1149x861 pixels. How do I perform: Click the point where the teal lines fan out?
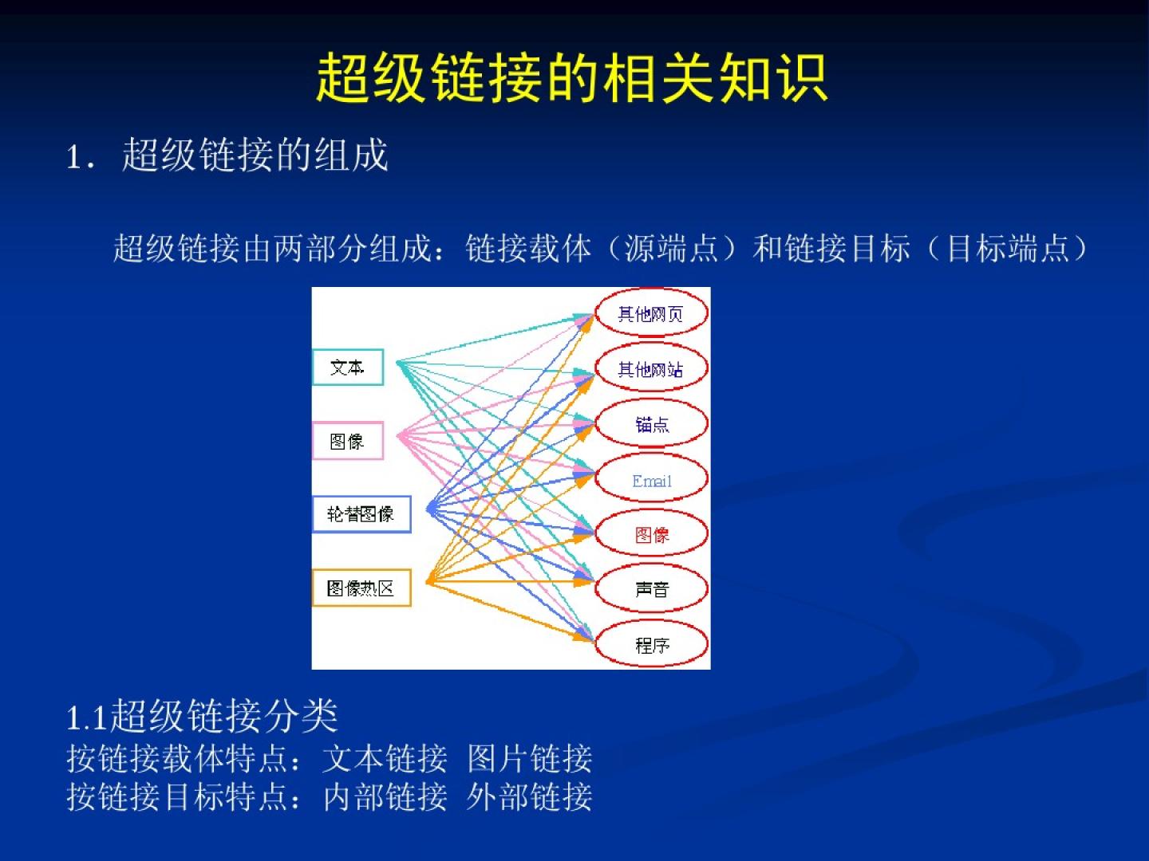397,361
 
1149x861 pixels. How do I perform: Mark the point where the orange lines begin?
428,581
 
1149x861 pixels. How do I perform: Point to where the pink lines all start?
398,435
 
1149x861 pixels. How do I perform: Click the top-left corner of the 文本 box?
313,349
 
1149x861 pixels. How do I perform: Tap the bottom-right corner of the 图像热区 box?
411,607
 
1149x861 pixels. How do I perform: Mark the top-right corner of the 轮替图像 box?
411,496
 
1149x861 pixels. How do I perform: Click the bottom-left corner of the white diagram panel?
312,669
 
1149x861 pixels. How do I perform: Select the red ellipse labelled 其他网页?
651,313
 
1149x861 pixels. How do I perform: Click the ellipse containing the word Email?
651,478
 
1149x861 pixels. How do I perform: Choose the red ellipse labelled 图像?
651,533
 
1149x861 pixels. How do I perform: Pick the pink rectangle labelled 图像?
348,441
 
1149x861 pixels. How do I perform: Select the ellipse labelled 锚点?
651,423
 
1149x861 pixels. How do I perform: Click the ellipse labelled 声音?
651,588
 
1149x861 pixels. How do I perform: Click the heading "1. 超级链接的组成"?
227,155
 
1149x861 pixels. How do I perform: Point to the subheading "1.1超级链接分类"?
202,716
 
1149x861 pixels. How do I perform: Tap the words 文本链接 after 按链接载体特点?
385,758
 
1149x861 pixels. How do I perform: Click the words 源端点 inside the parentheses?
672,248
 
